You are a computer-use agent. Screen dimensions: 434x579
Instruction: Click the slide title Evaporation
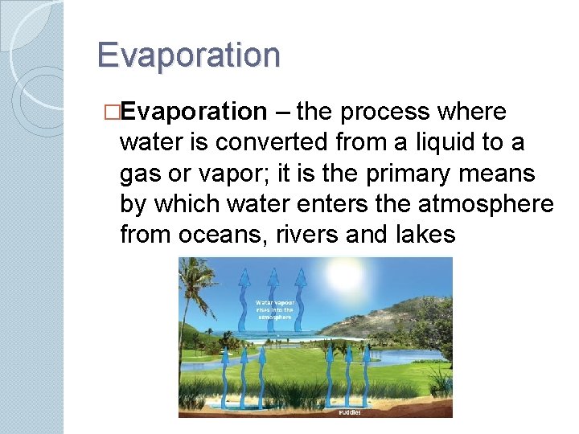(188, 55)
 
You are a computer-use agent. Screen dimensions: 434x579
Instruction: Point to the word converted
(266, 142)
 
